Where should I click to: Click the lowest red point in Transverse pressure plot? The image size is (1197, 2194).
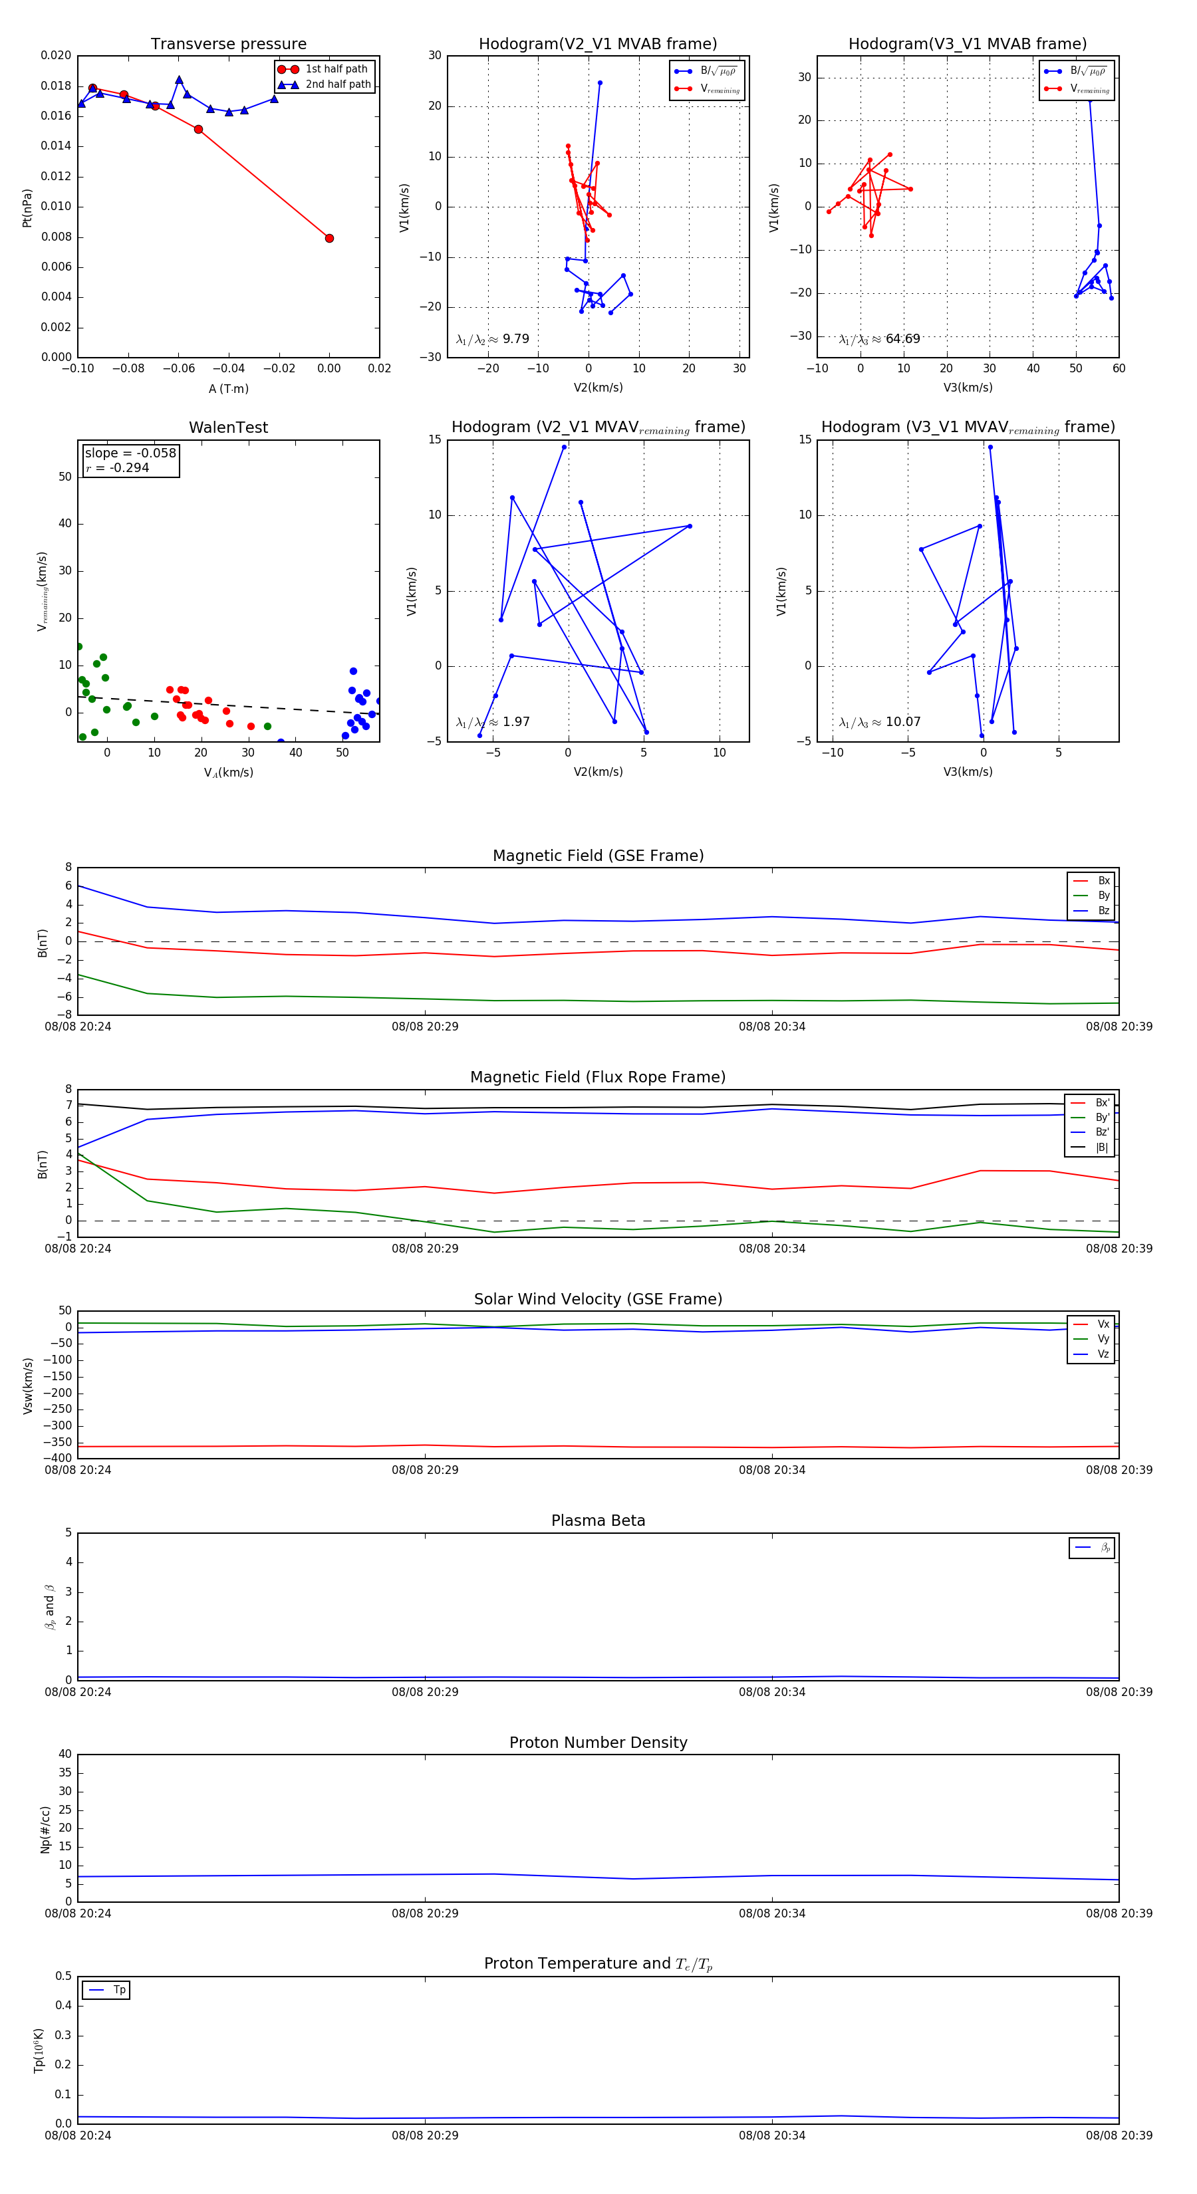(329, 239)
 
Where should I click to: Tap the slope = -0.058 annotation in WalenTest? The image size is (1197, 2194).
(130, 453)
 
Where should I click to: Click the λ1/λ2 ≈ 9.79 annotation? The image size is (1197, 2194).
(492, 339)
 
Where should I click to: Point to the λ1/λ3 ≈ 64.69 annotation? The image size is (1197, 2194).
(879, 339)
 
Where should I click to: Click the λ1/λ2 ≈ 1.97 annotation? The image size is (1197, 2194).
(492, 722)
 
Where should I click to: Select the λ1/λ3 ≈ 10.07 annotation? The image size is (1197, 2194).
(879, 722)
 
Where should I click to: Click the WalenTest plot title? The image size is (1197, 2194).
(228, 427)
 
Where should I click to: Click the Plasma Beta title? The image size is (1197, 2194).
(598, 1521)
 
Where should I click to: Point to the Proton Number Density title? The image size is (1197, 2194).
(598, 1742)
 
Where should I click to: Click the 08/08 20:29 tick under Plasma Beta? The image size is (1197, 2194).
(425, 1691)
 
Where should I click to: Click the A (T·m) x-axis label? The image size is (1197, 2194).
(228, 388)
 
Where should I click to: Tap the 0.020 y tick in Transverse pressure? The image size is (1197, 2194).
(57, 55)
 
